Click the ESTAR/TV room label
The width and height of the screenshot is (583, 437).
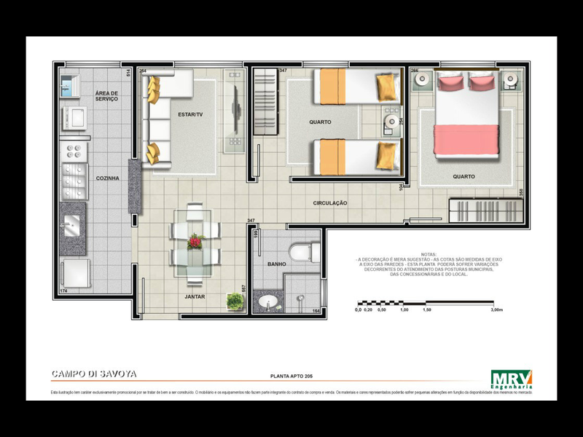click(x=190, y=114)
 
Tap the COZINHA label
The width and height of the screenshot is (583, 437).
click(x=107, y=178)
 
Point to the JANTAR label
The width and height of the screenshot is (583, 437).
click(x=194, y=297)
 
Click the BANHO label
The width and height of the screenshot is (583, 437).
click(x=276, y=264)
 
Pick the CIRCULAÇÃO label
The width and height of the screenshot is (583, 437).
click(x=330, y=202)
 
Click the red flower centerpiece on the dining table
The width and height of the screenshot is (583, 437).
click(x=194, y=242)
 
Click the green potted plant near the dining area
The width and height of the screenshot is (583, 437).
click(x=235, y=300)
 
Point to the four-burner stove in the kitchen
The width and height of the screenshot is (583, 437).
click(x=73, y=151)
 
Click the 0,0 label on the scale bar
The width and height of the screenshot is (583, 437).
click(x=358, y=310)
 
